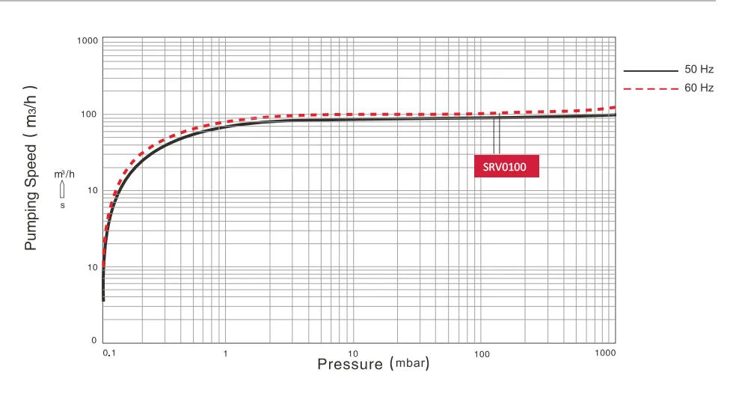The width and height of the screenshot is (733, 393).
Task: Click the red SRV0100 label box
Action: [x=506, y=165]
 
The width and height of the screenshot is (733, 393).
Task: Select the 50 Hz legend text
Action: [x=698, y=70]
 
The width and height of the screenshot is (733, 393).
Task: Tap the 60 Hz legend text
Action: [x=698, y=88]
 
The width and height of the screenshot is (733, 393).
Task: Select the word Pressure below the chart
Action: [x=350, y=365]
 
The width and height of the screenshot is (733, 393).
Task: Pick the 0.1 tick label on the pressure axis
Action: [x=108, y=353]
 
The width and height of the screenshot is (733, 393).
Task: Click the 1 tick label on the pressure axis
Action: [x=225, y=353]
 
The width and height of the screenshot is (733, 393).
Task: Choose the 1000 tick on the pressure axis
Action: [x=606, y=353]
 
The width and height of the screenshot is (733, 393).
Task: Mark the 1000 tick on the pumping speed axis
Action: [x=88, y=40]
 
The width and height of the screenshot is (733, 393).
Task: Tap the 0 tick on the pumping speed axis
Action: [x=95, y=341]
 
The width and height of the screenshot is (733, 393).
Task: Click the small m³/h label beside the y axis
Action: [x=64, y=174]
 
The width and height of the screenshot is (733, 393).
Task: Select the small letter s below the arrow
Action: [x=63, y=204]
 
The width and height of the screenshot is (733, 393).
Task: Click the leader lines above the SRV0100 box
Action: [x=496, y=135]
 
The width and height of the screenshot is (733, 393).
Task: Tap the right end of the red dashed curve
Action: [x=613, y=108]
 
